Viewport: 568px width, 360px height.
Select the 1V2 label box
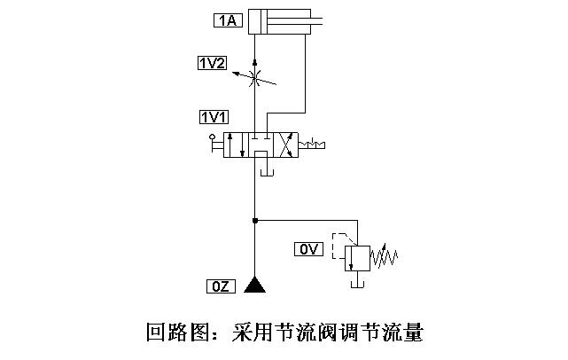coord(213,62)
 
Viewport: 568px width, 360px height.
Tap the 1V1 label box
coord(213,117)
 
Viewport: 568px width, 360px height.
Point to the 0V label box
coord(307,250)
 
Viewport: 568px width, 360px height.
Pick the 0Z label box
coord(220,286)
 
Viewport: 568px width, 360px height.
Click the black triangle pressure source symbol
coord(255,285)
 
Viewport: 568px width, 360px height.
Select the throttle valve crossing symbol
coord(255,80)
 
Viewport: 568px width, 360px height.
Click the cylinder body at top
coord(278,21)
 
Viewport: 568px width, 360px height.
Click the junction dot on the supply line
coord(255,219)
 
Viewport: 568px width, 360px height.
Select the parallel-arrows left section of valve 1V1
coord(236,144)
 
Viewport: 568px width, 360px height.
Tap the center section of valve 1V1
coord(259,144)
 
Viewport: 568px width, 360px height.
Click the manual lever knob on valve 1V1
coord(212,137)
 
